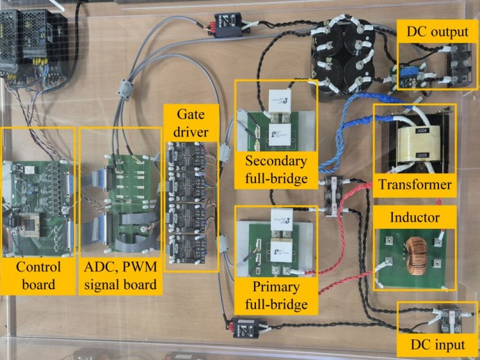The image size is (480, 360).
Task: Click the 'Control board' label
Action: tap(38, 275)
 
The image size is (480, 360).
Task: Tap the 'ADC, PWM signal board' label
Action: tap(121, 275)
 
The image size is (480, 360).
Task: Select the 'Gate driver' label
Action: tap(191, 124)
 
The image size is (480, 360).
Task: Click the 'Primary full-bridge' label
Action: tap(275, 295)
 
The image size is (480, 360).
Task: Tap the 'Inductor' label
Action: tap(415, 218)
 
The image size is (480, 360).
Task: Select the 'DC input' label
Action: tap(438, 345)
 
